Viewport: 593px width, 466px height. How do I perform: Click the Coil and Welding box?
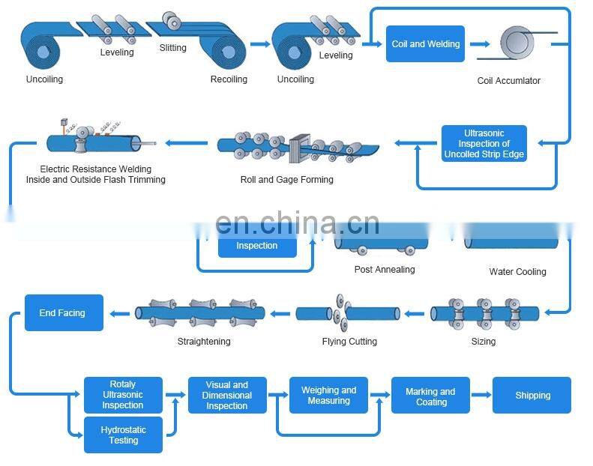coord(425,44)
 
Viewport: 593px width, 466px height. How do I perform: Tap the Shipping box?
coord(532,396)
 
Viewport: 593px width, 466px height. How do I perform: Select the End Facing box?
coord(64,313)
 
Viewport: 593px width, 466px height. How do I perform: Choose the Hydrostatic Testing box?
coord(123,435)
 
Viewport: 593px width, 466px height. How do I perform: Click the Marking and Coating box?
coord(430,396)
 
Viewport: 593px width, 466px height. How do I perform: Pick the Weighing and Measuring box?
coord(328,396)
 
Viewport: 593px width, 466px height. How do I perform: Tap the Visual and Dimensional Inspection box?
coord(227,396)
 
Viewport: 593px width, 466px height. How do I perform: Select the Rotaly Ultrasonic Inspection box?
coord(123,395)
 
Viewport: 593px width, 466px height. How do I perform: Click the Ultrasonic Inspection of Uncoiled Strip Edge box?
coord(484,144)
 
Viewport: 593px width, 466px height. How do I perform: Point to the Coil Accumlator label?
coord(508,81)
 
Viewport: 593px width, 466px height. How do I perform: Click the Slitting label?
coord(173,49)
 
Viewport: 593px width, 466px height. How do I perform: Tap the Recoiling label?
coord(229,79)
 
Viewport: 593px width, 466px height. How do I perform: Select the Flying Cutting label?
coord(349,342)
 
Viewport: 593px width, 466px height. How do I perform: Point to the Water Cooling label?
coord(517,272)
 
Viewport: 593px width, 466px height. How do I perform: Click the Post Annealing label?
coord(385,270)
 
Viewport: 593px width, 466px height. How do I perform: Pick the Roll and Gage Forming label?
coord(287,180)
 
